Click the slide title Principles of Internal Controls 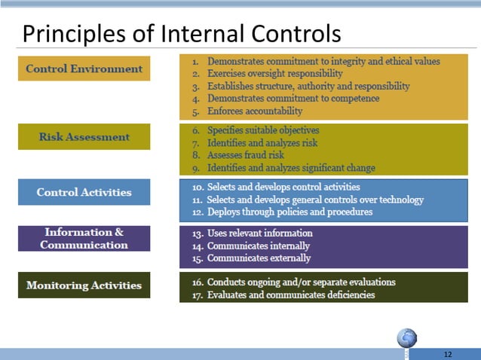pos(181,33)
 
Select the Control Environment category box pos(84,69)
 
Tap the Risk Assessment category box pos(84,136)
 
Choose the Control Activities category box pos(84,192)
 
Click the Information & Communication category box pos(84,238)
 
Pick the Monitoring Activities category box pos(84,285)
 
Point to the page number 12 pos(448,353)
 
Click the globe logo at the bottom pos(407,338)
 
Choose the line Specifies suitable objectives pos(263,130)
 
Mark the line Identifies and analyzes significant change pos(290,168)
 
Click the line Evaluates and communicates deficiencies pos(290,294)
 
